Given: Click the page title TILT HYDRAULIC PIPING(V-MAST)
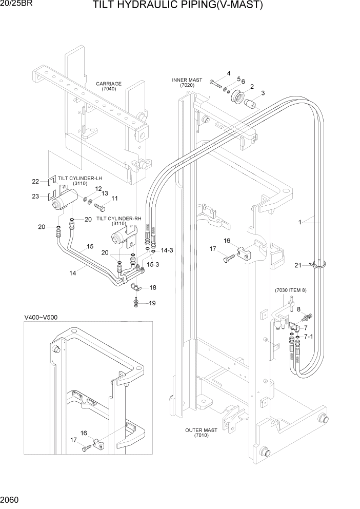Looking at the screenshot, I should click(x=177, y=6).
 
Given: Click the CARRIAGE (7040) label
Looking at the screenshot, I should click(x=109, y=86).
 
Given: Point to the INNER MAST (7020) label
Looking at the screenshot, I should click(x=187, y=83).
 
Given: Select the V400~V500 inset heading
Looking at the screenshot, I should click(x=41, y=317).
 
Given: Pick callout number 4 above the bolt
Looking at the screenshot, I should click(x=229, y=73).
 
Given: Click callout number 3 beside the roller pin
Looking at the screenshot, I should click(x=263, y=93).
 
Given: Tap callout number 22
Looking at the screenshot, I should click(x=35, y=181).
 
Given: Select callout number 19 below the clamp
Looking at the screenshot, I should click(x=152, y=303).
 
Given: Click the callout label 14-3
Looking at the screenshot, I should click(x=167, y=250).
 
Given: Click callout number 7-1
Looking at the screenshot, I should click(x=309, y=337).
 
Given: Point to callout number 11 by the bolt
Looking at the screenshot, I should click(x=114, y=199).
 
